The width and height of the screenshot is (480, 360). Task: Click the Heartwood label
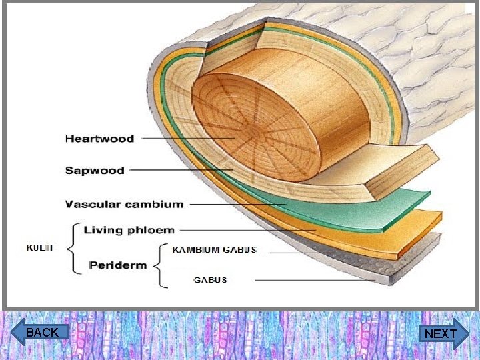pyautogui.click(x=99, y=139)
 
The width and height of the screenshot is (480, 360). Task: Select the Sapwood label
pyautogui.click(x=95, y=171)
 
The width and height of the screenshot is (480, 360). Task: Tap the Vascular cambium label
pyautogui.click(x=124, y=204)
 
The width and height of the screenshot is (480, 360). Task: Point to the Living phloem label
pyautogui.click(x=129, y=231)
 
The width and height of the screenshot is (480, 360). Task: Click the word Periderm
pyautogui.click(x=118, y=265)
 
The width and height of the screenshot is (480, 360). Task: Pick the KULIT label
pyautogui.click(x=40, y=247)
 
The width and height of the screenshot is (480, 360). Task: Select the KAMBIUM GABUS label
pyautogui.click(x=214, y=250)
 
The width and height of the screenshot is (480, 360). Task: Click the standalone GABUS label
pyautogui.click(x=211, y=280)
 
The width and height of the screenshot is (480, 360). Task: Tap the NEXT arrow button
pyautogui.click(x=441, y=333)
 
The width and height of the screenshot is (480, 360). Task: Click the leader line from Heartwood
pyautogui.click(x=187, y=138)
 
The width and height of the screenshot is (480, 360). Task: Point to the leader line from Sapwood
pyautogui.click(x=180, y=171)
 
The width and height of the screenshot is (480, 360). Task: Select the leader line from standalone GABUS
pyautogui.click(x=313, y=281)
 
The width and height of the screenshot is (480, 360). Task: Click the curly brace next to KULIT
pyautogui.click(x=75, y=247)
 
